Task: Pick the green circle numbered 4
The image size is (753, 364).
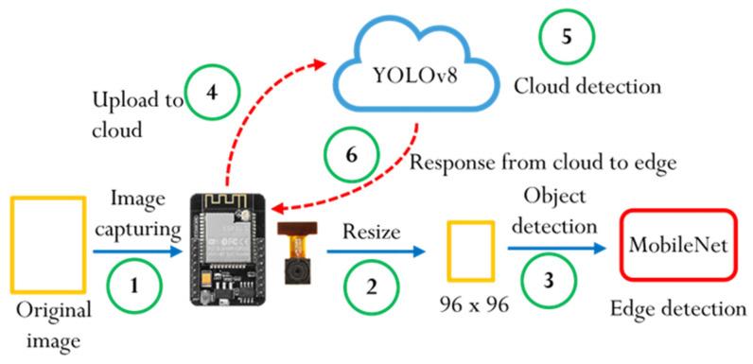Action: point(212,93)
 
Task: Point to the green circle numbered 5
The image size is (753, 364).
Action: point(566,38)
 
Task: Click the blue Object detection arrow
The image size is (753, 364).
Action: point(554,250)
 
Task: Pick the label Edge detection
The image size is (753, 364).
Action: point(679,308)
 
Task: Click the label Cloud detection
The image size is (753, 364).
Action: point(587,88)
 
